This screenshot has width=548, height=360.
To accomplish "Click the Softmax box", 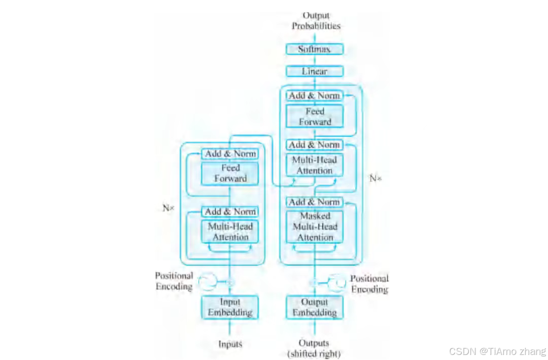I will click(315, 49).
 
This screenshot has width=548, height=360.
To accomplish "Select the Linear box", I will click(315, 72).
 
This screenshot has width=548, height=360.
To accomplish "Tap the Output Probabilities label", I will click(316, 21).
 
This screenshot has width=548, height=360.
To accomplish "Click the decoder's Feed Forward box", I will click(315, 116).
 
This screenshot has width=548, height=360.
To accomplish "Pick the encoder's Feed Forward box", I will click(230, 173).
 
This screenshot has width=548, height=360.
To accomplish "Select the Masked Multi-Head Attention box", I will click(315, 226).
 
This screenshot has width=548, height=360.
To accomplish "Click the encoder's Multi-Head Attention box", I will click(230, 232).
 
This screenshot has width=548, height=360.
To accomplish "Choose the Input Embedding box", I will click(230, 307).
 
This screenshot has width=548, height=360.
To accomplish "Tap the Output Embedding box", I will click(315, 307).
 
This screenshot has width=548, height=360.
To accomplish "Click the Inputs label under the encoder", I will click(230, 344).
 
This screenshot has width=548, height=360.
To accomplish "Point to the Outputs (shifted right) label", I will click(314, 348).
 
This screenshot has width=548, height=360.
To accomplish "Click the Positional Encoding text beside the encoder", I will click(174, 281).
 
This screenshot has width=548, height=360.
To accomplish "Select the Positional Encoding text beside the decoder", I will click(369, 284).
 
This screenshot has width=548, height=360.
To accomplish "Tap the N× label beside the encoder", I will click(168, 208).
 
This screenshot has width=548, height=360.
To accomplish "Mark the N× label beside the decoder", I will click(375, 179).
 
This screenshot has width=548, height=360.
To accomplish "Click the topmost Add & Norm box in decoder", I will click(315, 95).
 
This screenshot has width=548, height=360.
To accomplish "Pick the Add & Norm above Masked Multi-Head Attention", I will click(315, 202).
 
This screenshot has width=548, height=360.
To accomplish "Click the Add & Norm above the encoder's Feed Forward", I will click(230, 153).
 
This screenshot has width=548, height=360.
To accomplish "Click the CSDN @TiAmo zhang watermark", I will click(497, 351).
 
